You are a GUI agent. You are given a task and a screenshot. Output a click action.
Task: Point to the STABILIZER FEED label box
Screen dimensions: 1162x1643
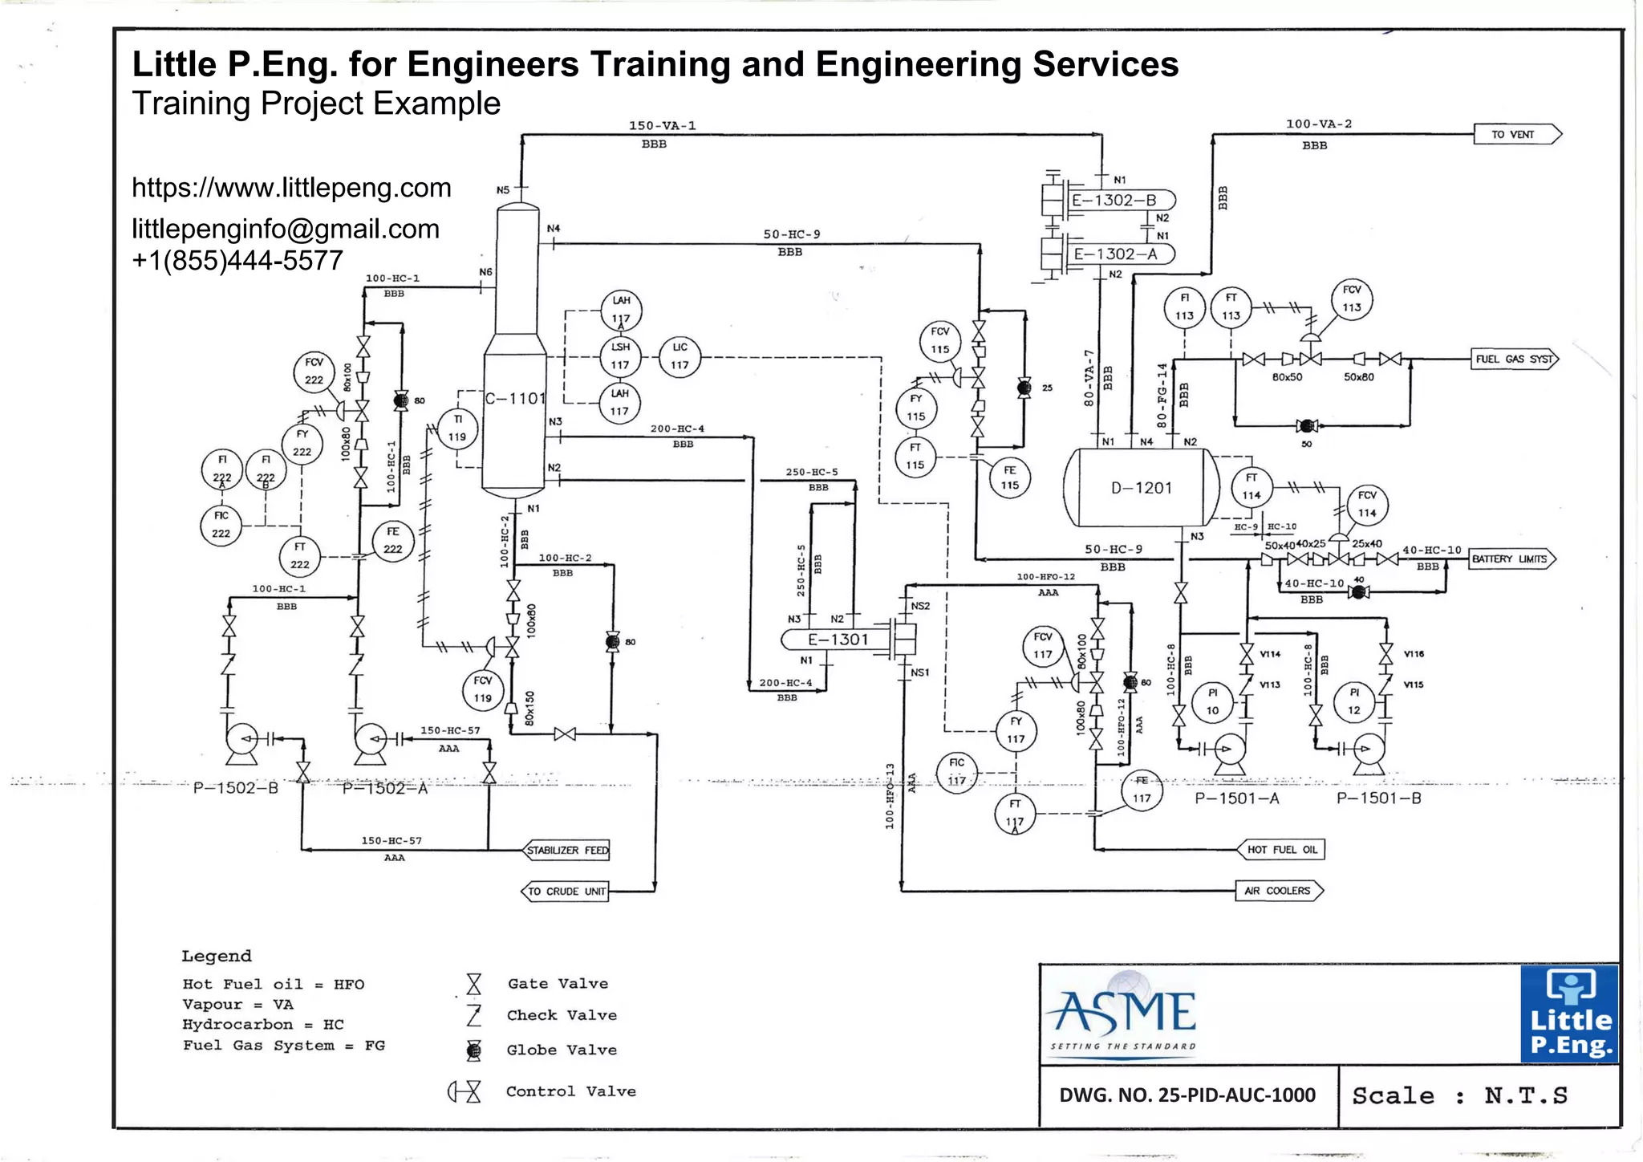click(567, 850)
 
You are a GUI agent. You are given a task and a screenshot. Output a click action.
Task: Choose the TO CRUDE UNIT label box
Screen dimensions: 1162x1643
click(566, 891)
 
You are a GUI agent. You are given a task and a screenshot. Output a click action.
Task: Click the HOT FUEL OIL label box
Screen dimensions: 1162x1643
click(1281, 849)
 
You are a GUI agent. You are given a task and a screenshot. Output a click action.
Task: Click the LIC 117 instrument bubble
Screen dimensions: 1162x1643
click(680, 356)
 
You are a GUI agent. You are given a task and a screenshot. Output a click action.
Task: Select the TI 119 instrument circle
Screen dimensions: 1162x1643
click(457, 428)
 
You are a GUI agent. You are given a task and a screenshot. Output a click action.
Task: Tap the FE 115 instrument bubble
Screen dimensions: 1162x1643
click(1009, 477)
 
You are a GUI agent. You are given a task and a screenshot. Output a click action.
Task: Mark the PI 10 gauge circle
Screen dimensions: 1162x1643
click(1212, 701)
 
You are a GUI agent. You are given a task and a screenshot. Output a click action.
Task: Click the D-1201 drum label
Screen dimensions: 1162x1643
click(1141, 488)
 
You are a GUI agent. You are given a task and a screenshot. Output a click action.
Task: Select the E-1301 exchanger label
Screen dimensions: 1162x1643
click(838, 640)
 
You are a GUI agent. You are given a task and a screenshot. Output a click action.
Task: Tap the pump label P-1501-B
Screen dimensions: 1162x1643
click(1378, 798)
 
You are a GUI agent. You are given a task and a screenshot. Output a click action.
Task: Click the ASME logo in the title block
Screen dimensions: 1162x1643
click(1124, 1014)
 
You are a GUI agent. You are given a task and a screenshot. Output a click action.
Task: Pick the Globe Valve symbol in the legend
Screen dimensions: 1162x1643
click(474, 1050)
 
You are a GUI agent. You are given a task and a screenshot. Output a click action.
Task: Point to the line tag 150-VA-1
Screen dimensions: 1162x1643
click(662, 125)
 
